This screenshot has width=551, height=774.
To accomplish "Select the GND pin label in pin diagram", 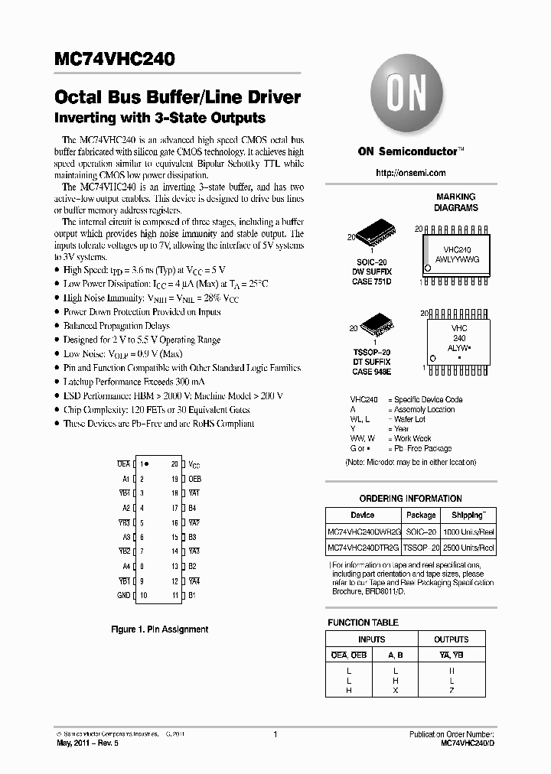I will [x=123, y=595].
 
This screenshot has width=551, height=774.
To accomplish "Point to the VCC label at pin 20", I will [x=194, y=464].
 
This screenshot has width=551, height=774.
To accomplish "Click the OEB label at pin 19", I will [x=194, y=479].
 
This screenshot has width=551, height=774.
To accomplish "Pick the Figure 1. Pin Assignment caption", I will [x=159, y=629].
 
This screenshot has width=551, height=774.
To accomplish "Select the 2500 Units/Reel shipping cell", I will [x=468, y=548].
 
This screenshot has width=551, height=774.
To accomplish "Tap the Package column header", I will [x=421, y=515].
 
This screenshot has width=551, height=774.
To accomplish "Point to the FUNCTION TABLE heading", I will [x=363, y=623].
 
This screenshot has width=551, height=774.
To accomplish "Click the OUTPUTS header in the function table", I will [x=451, y=639].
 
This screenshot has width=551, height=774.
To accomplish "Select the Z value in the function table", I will [x=452, y=691].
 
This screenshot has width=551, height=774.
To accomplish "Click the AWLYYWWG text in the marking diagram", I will [x=457, y=259].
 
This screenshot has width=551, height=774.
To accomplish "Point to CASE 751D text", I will [x=372, y=281].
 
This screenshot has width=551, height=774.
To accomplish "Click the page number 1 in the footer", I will [x=274, y=734].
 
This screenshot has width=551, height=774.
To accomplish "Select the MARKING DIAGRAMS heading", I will [x=456, y=202].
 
